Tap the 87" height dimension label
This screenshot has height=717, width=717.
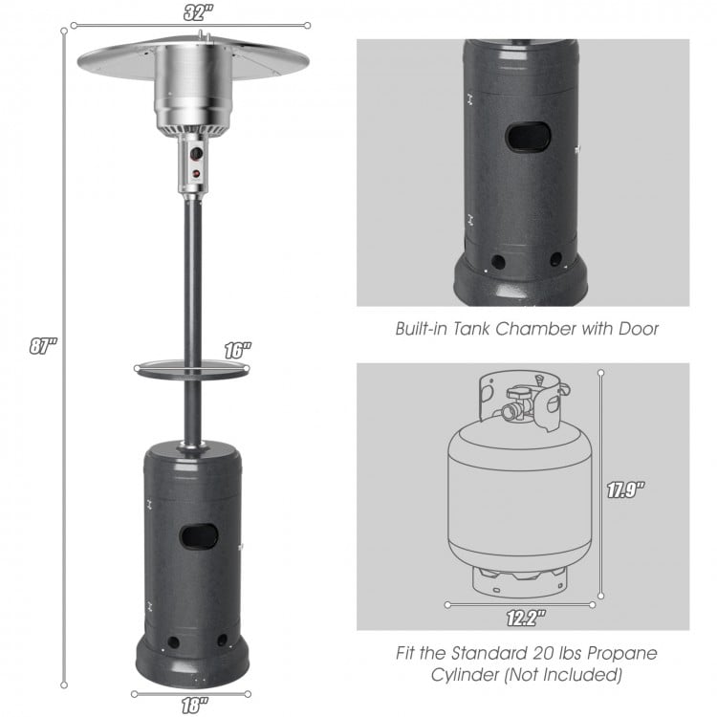pyautogui.click(x=41, y=347)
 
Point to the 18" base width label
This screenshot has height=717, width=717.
pyautogui.click(x=193, y=705)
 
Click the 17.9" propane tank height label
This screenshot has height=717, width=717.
pyautogui.click(x=626, y=489)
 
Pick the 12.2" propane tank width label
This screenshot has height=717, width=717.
pyautogui.click(x=522, y=618)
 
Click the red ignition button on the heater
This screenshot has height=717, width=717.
pyautogui.click(x=199, y=173)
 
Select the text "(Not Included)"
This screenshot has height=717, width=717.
pyautogui.click(x=569, y=675)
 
